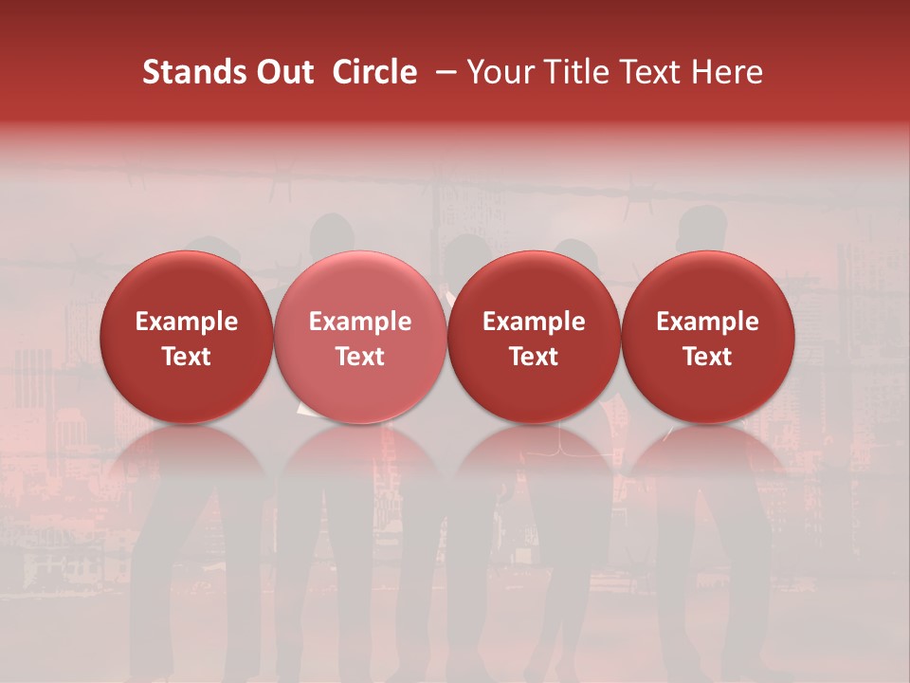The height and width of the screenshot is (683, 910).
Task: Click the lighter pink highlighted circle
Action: [360, 337]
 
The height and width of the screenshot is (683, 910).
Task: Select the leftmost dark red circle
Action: [187, 337]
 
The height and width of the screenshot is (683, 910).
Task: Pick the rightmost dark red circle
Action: [707, 337]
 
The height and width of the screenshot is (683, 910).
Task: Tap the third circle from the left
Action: [534, 337]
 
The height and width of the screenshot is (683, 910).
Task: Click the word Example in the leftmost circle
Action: [187, 322]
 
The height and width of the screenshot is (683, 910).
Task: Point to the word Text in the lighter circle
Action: [360, 357]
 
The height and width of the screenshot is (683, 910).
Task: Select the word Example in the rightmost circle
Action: [707, 322]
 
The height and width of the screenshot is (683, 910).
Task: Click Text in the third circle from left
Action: [534, 357]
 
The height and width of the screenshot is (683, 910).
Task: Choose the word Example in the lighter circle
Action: [360, 322]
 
